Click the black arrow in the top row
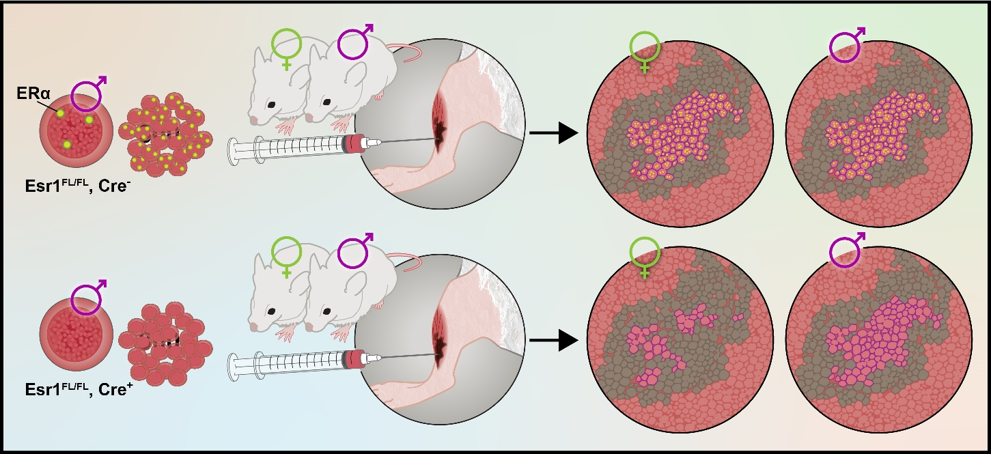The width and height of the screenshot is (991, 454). [553, 133]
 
